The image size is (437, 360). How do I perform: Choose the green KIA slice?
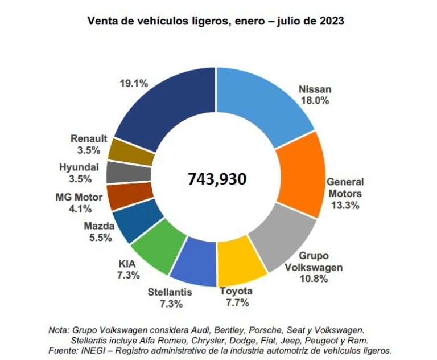coord(154,247)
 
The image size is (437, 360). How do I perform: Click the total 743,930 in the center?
coord(217,179)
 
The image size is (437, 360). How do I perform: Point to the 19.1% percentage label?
coord(134,83)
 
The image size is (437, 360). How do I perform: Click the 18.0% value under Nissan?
coord(315,101)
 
